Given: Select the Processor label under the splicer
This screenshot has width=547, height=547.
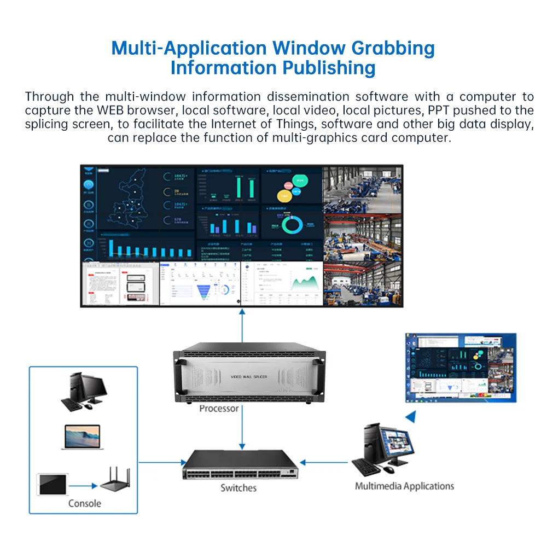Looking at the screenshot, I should [219, 409].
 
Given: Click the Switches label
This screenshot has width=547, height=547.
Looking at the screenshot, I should [238, 488].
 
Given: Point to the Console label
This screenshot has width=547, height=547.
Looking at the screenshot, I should [85, 503].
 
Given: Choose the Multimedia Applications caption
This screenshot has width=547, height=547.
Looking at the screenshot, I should [404, 486].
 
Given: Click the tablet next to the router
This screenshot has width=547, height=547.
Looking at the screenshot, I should [52, 484].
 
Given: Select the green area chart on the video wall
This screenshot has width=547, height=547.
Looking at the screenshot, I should [306, 283].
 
